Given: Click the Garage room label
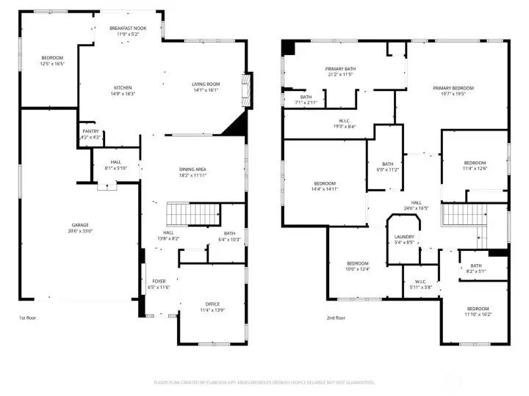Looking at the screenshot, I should coord(79,225).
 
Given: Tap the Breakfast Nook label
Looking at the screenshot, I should coord(129,29).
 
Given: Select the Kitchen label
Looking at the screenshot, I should coord(122,89).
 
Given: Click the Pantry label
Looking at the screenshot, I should coord(90,132).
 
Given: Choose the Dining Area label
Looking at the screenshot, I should coord(192,169).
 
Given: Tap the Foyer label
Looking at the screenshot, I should coord(159,282).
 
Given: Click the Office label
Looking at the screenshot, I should coord(212,304).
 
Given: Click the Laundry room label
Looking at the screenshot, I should coord(404,237).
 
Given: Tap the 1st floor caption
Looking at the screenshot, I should coord(29,318).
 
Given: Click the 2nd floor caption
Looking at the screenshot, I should coord(336,318).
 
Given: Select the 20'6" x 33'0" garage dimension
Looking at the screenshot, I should coord(79,231).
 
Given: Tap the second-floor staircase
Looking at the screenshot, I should coord(464,215).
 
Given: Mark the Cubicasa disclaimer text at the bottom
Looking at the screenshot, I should coord(264,382).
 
